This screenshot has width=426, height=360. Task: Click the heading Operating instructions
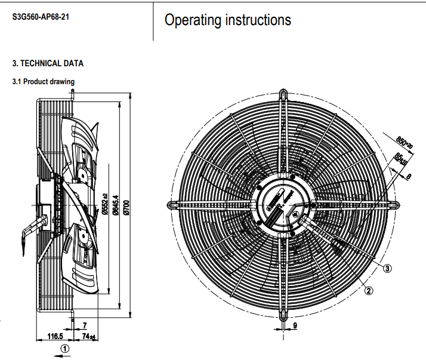228,20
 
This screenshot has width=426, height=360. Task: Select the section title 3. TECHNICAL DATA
48,63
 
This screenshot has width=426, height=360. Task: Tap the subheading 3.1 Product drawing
44,81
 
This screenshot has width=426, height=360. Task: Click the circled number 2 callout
369,291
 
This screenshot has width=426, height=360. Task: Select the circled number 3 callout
387,268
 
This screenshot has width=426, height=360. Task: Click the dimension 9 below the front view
294,326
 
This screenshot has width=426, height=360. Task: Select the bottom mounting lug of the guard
283,315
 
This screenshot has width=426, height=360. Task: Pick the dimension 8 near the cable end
408,176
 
